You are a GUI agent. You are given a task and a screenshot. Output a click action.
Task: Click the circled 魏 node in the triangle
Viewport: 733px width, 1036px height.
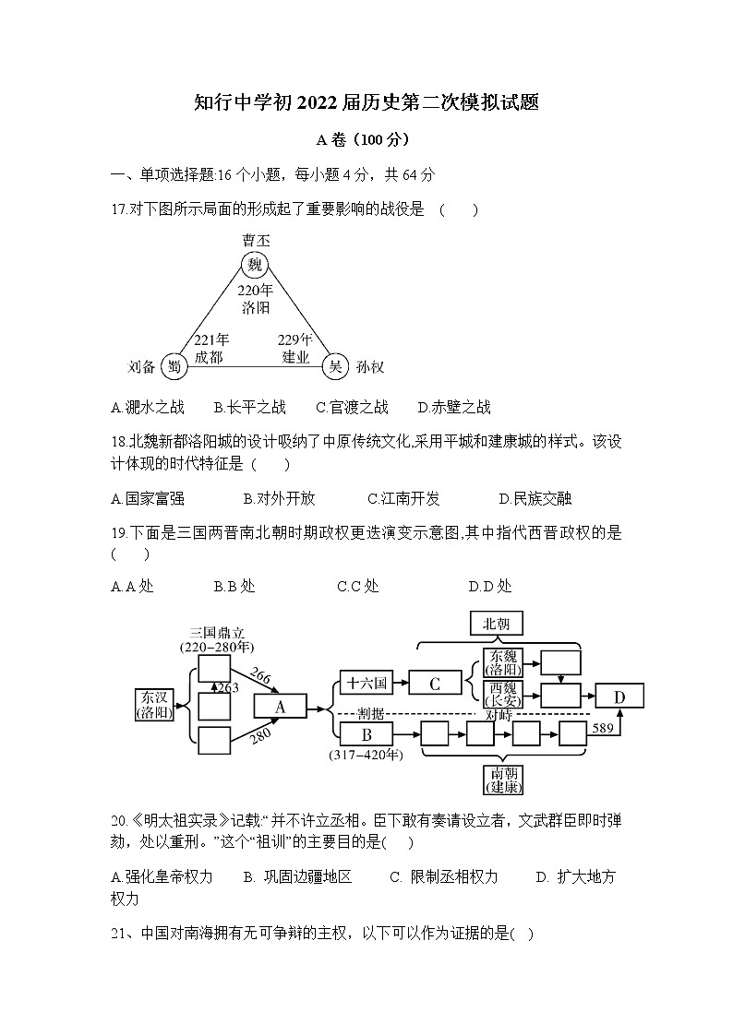tap(256, 266)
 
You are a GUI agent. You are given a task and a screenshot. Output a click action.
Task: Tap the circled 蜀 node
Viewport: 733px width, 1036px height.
tap(173, 366)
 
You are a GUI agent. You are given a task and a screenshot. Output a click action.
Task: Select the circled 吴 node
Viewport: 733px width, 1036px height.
tap(334, 366)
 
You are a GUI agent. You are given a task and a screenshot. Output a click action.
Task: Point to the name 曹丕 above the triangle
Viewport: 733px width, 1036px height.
tap(256, 240)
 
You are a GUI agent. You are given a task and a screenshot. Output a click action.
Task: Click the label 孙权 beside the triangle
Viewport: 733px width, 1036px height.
tap(369, 367)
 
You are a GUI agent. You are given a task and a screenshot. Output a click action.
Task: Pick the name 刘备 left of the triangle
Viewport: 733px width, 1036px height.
tap(141, 366)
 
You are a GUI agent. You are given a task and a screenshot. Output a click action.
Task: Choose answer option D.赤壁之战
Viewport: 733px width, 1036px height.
tap(454, 407)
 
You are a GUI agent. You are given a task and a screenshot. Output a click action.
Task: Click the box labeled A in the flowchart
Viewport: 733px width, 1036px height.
tap(279, 707)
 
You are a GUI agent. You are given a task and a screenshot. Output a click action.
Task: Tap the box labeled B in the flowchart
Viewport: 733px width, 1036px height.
tap(366, 735)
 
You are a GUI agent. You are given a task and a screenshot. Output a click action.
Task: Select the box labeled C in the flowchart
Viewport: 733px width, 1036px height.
tap(433, 684)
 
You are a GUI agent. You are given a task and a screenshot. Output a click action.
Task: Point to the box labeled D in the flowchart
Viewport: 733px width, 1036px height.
tap(619, 697)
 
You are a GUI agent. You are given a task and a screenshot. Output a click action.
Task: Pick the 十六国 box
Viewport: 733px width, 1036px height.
tap(365, 684)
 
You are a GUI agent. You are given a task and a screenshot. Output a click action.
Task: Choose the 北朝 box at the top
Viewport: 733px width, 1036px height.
tap(496, 624)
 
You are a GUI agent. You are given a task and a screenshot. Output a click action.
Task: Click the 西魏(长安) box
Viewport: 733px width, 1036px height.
tap(503, 694)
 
